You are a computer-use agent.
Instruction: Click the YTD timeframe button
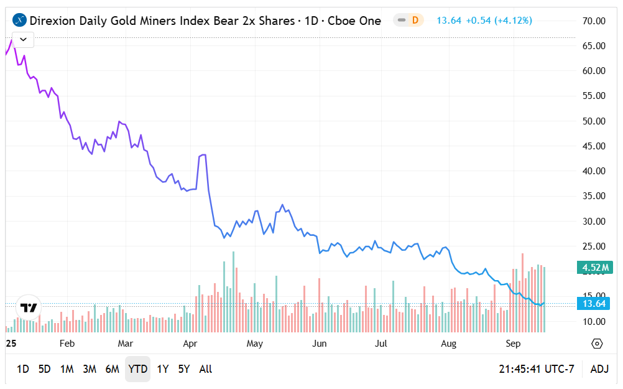click(x=137, y=369)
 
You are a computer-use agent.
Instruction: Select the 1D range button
click(x=23, y=369)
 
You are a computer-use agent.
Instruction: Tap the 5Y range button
click(x=184, y=369)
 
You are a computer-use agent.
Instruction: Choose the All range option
click(x=206, y=369)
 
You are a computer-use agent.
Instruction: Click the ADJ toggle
click(x=599, y=369)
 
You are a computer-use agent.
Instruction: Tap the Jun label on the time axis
click(x=319, y=344)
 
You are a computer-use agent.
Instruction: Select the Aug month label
click(x=448, y=344)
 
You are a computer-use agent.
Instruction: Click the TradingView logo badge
click(x=28, y=307)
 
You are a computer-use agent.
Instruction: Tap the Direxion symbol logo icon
click(x=21, y=21)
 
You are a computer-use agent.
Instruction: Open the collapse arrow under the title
click(x=23, y=39)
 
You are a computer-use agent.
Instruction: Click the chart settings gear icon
click(x=597, y=344)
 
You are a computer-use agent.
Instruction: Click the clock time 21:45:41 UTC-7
click(x=536, y=369)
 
